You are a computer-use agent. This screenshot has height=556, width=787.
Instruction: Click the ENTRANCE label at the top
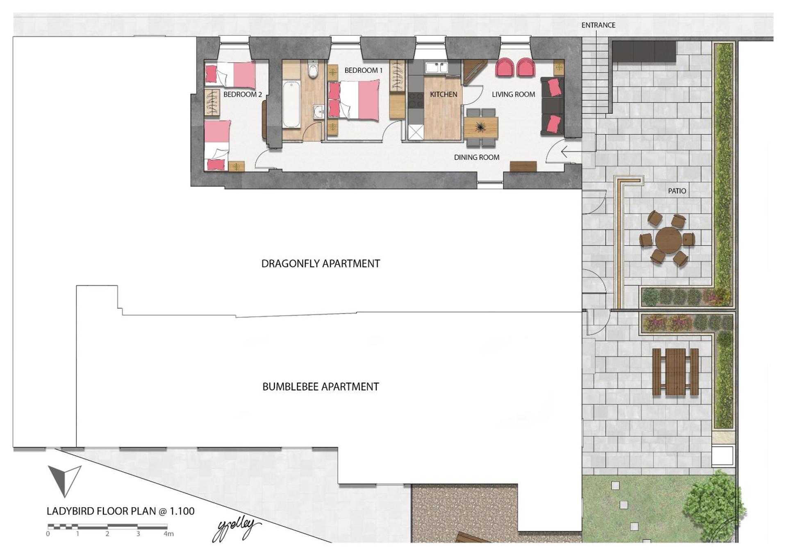[598, 25]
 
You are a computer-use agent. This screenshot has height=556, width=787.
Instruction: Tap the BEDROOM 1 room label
[363, 70]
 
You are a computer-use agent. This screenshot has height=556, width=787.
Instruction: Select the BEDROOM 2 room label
[242, 95]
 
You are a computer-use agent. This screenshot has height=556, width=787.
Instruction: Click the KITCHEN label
[443, 95]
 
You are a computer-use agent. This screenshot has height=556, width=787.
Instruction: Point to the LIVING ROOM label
[513, 95]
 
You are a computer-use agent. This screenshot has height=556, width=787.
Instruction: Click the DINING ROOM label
[476, 157]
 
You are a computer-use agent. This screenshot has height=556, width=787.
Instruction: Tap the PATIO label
[677, 191]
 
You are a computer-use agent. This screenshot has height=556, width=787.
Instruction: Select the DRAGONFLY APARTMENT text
[321, 264]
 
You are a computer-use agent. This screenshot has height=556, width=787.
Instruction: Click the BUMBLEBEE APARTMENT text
[321, 387]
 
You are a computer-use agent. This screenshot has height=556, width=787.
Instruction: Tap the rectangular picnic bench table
[675, 372]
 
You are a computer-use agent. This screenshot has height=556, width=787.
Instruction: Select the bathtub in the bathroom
[291, 104]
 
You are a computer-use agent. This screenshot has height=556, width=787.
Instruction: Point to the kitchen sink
[437, 67]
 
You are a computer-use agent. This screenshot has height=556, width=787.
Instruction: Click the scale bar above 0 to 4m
[107, 526]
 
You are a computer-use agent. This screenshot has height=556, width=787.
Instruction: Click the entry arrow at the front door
[570, 152]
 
